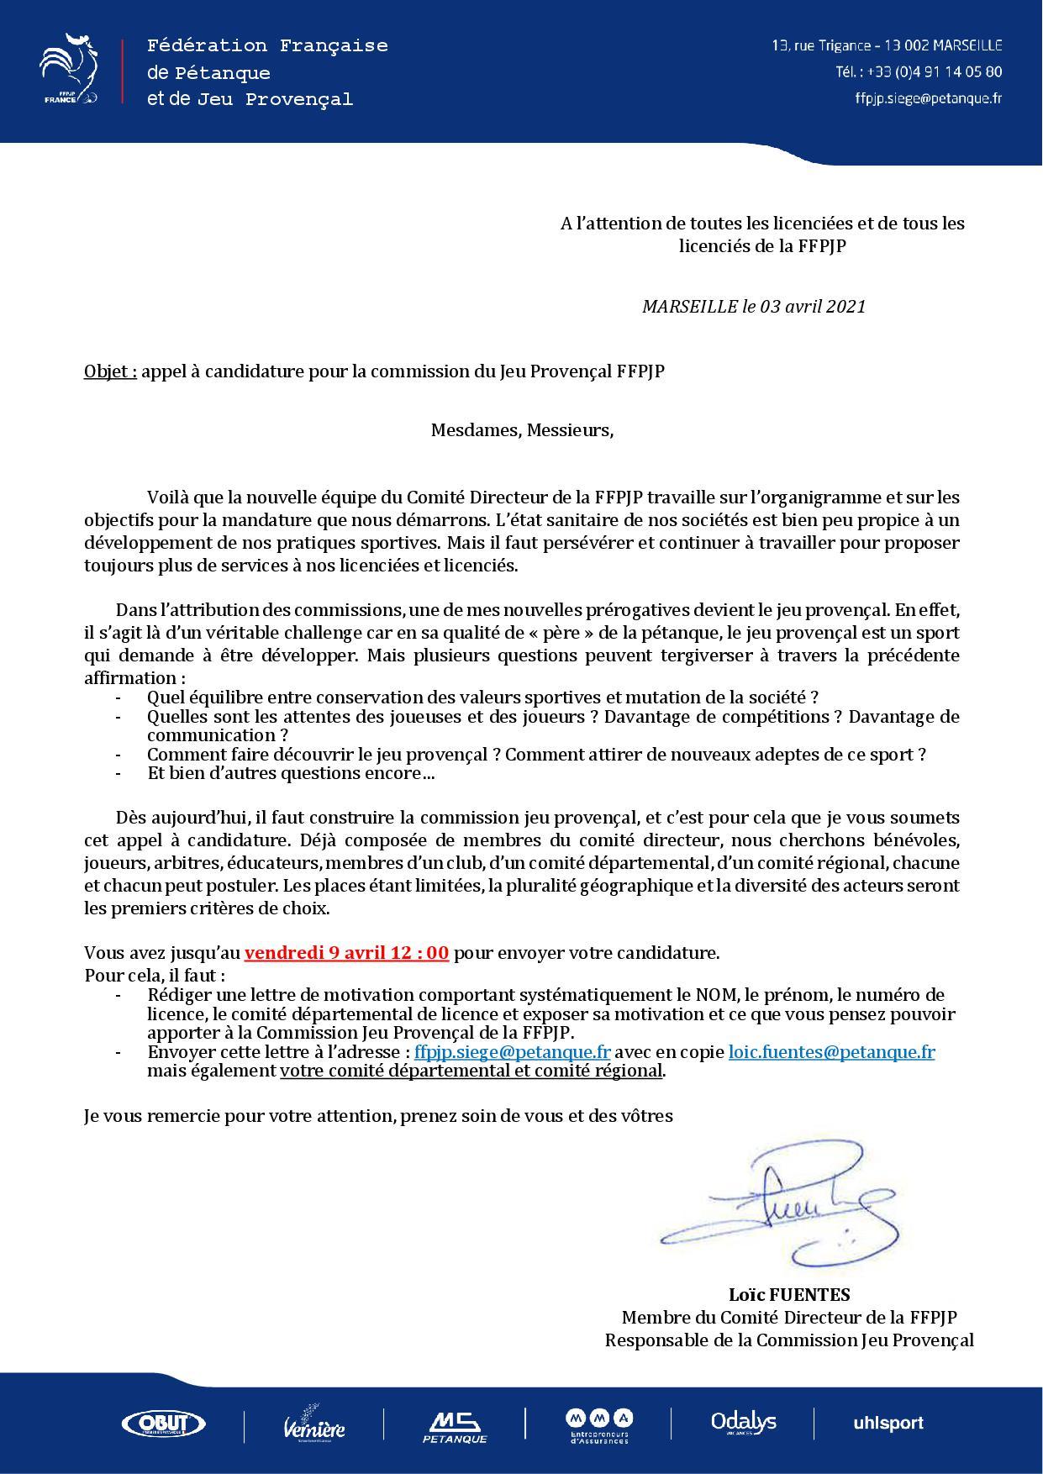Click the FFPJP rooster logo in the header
click(x=69, y=70)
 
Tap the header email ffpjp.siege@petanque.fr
click(x=928, y=97)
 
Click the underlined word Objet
click(x=109, y=371)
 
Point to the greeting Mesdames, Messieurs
click(x=522, y=430)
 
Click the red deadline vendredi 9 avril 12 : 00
click(x=346, y=953)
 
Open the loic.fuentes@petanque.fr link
click(x=831, y=1052)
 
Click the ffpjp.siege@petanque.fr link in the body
click(x=512, y=1052)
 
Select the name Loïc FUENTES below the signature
click(x=789, y=1295)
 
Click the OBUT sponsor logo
click(x=164, y=1423)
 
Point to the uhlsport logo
click(x=888, y=1423)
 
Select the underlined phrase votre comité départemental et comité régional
click(x=471, y=1071)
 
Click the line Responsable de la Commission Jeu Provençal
click(x=789, y=1340)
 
